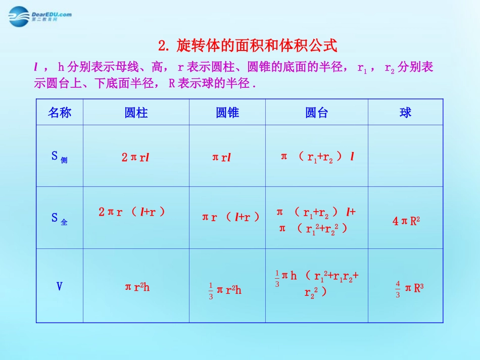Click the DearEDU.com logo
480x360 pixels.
click(40, 17)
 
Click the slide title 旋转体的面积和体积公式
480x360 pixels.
click(247, 46)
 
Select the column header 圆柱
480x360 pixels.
click(136, 113)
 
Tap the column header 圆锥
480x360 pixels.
click(227, 113)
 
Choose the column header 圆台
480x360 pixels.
click(316, 113)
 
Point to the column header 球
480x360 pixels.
click(405, 113)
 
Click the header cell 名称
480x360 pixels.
click(60, 113)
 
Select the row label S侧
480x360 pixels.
click(59, 157)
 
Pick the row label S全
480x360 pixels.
click(59, 218)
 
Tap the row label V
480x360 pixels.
click(59, 287)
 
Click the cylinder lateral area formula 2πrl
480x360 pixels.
click(135, 157)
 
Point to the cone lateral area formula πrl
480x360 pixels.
click(221, 157)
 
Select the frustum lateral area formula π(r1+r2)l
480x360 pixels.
click(317, 157)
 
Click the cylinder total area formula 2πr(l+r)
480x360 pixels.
click(132, 212)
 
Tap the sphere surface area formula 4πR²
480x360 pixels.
click(406, 221)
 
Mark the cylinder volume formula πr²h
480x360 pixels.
click(137, 287)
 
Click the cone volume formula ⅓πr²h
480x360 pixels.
click(225, 290)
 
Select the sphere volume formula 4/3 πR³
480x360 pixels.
click(409, 289)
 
